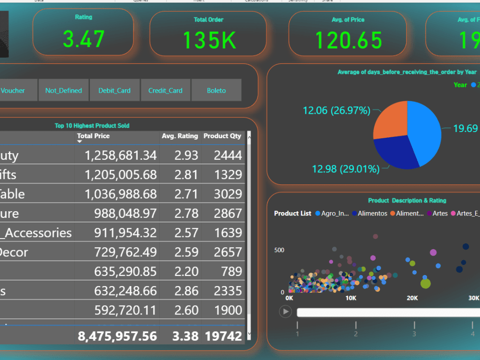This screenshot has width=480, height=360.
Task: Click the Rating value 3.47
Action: click(x=84, y=38)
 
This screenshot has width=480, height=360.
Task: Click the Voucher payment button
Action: click(x=13, y=90)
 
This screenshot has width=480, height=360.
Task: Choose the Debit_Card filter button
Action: click(x=114, y=90)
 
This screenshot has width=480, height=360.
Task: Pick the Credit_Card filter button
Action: click(x=166, y=90)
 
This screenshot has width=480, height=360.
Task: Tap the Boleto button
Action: click(x=216, y=90)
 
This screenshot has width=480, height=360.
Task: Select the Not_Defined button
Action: click(x=63, y=90)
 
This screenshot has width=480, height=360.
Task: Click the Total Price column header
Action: click(x=93, y=136)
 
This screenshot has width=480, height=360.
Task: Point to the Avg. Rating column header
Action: click(x=180, y=136)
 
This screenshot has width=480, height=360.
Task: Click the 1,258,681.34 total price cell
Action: click(x=120, y=156)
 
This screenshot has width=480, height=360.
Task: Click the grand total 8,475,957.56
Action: click(x=117, y=336)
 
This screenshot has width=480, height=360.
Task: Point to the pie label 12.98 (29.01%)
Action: click(x=345, y=169)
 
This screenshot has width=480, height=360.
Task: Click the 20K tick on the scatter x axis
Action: click(x=412, y=298)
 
